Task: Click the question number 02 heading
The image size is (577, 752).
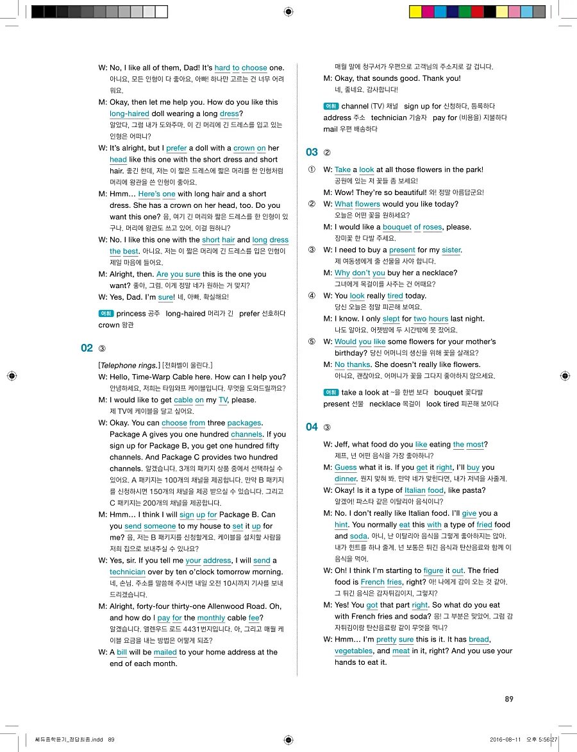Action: pos(87,348)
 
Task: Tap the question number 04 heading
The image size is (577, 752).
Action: pos(312,427)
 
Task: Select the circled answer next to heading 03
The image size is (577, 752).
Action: pos(328,153)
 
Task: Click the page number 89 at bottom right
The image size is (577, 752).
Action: pos(508,699)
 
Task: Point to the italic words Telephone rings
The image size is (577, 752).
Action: pos(128,365)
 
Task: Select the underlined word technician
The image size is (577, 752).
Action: pos(128,572)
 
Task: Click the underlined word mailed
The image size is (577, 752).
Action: pos(165,652)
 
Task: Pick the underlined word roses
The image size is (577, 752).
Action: pos(432,227)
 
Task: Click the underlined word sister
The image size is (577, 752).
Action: pos(451,250)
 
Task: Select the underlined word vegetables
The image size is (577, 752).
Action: pos(353,651)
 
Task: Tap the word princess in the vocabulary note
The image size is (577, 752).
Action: pos(131,314)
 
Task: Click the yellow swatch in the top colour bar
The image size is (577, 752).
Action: pos(415,12)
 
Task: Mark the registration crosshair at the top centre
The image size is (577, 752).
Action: pos(288,12)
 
